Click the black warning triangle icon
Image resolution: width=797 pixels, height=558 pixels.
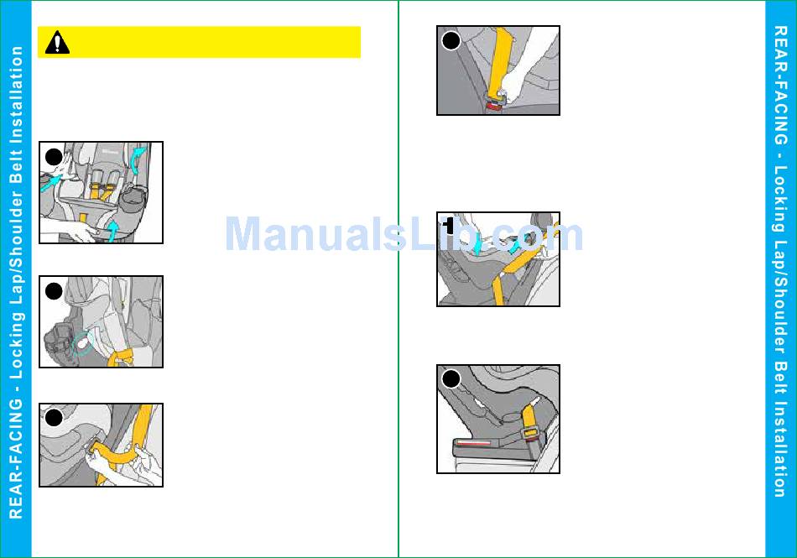[x=57, y=42]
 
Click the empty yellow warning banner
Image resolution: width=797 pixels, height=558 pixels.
[x=200, y=42]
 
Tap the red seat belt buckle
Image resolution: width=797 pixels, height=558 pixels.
[x=493, y=107]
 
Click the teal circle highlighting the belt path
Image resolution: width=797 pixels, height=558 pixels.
[x=82, y=343]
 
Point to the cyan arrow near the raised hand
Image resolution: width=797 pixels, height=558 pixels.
[x=51, y=182]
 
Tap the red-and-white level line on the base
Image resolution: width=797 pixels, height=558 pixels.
[x=474, y=443]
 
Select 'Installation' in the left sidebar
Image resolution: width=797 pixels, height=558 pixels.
[x=16, y=93]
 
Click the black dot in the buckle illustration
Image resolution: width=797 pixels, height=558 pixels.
[x=451, y=40]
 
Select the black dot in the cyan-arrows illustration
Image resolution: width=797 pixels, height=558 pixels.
[x=54, y=157]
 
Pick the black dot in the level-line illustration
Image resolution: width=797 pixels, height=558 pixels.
[x=451, y=379]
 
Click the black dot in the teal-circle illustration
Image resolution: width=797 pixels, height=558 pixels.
[x=54, y=291]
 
